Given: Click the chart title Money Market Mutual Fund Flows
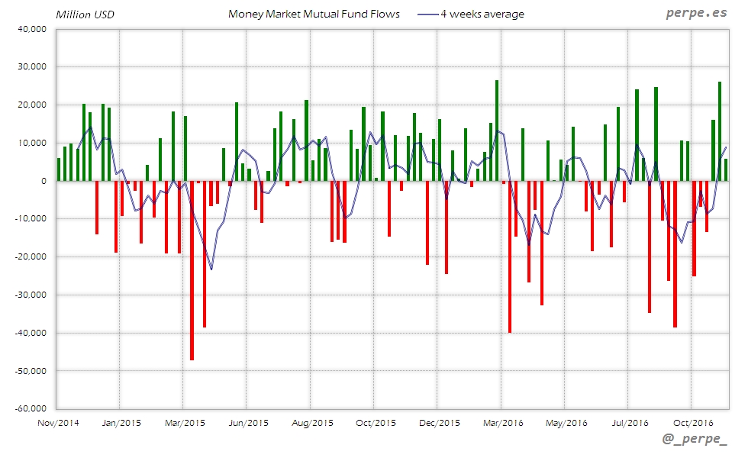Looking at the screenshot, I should (x=314, y=14).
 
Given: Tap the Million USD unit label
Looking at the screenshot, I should (x=84, y=15).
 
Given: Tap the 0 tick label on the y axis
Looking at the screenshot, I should (x=44, y=181).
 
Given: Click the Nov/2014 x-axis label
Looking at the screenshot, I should (x=58, y=423).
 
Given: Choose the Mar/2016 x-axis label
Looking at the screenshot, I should (x=502, y=423).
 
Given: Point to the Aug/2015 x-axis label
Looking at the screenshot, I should (x=312, y=423).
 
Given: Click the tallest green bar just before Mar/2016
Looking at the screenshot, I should (x=497, y=131).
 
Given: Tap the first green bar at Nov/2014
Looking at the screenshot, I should (x=59, y=169).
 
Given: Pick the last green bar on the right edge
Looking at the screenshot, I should (x=726, y=170).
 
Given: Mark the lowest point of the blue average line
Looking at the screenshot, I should (x=211, y=269).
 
